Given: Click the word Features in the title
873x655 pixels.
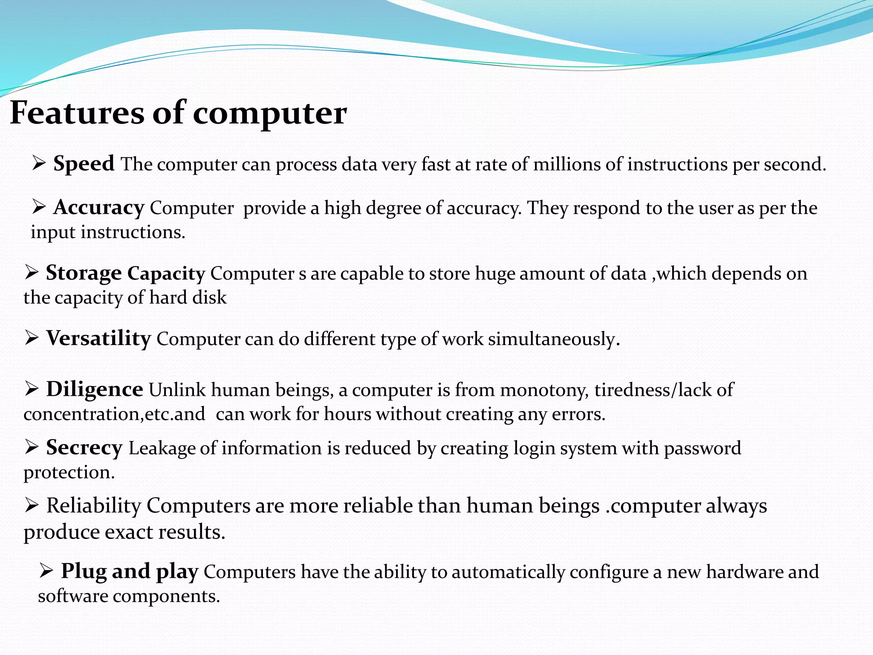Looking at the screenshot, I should click(77, 113).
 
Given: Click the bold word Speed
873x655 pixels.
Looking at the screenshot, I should click(84, 164).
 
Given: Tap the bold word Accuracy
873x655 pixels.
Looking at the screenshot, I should click(98, 208).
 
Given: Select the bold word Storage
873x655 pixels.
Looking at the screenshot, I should click(84, 273).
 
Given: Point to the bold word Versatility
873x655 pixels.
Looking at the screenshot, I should click(98, 339).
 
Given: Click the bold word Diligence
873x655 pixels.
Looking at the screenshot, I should click(95, 389).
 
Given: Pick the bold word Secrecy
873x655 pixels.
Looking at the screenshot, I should click(84, 448).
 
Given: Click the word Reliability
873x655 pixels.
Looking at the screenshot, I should click(93, 506).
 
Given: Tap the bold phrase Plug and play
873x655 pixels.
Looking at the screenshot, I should click(130, 571).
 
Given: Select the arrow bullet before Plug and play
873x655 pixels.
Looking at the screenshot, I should click(46, 571).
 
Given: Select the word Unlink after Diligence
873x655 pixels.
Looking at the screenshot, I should click(177, 390).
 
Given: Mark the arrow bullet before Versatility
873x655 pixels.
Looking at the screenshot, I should click(32, 338).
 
